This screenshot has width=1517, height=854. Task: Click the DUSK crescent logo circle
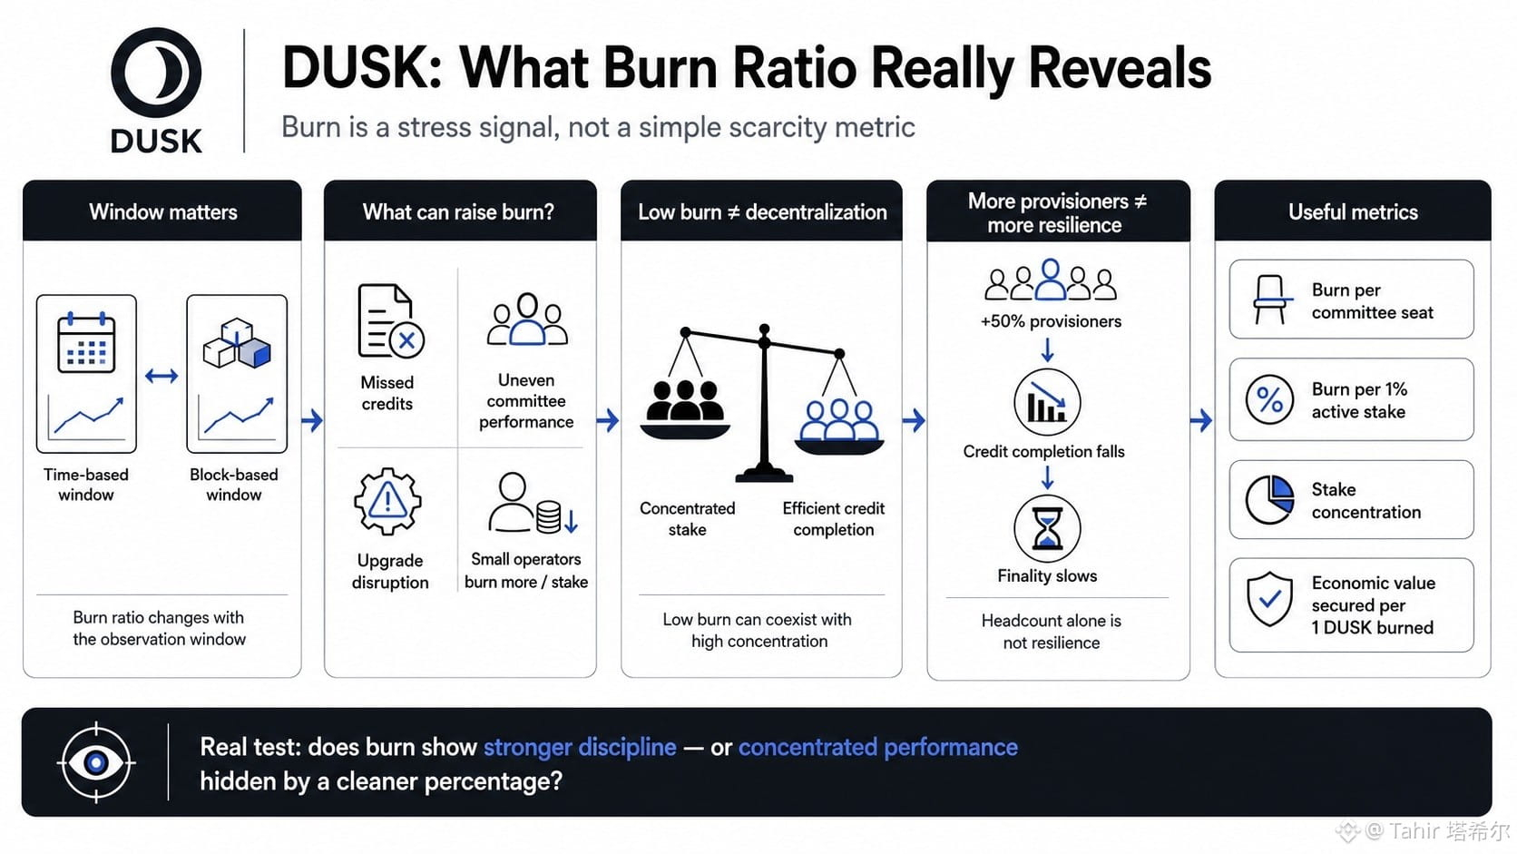click(156, 73)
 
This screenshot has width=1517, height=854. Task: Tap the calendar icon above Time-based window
click(86, 342)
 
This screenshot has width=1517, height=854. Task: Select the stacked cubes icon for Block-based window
click(237, 343)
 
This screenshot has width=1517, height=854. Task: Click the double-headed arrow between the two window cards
click(161, 375)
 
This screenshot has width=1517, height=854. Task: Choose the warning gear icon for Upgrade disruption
click(387, 502)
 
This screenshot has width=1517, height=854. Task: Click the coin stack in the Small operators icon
click(549, 516)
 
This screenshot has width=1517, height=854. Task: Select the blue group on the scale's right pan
click(839, 419)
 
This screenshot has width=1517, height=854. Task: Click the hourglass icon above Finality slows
click(1047, 528)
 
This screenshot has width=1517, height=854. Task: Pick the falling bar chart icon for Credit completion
click(1047, 402)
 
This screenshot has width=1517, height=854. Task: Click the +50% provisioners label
click(1051, 321)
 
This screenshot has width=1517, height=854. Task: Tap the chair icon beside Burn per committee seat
click(1270, 299)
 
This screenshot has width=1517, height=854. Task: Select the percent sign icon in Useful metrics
click(1270, 399)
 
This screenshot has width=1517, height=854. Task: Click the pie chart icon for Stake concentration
click(1270, 500)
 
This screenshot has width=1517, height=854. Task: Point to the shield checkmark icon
click(1270, 599)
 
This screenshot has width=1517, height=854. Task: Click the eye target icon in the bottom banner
click(96, 762)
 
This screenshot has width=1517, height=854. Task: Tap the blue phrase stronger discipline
click(580, 747)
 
